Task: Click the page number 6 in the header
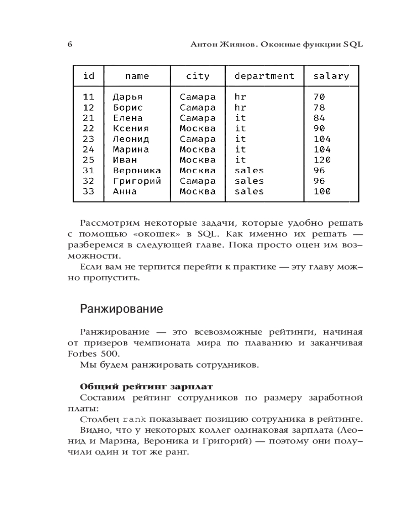(70, 44)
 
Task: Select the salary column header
(331, 76)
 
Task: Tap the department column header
(264, 76)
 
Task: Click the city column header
(197, 76)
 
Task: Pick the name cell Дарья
(127, 97)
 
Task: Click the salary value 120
(322, 160)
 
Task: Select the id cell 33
(88, 191)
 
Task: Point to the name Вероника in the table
(136, 171)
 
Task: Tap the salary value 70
(319, 97)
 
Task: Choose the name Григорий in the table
(136, 181)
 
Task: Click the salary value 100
(322, 191)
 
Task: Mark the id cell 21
(88, 118)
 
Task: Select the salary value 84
(319, 118)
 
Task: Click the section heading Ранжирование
(121, 309)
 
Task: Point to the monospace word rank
(134, 420)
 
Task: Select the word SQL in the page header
(353, 44)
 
